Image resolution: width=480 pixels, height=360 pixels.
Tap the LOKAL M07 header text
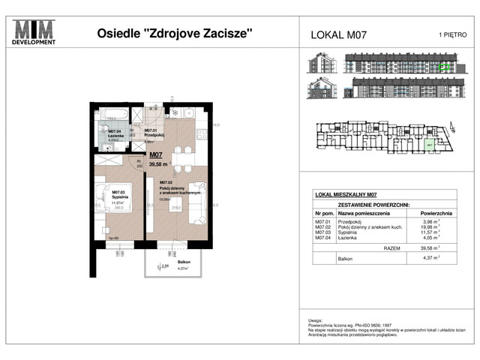(x=338, y=34)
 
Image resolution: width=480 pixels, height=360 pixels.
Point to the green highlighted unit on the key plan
(x=429, y=145)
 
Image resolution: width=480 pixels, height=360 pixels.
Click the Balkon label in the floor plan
(x=184, y=262)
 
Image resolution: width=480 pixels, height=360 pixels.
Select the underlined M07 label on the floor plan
(x=157, y=156)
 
